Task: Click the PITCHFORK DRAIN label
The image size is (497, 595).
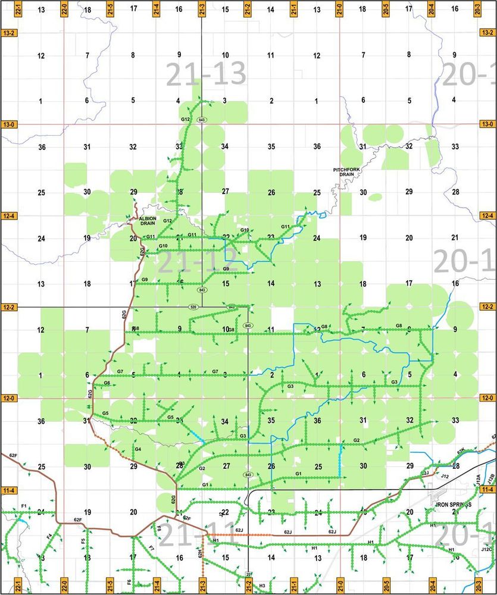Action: (346, 173)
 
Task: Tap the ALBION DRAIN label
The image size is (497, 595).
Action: (147, 221)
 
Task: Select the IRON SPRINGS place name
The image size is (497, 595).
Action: (453, 505)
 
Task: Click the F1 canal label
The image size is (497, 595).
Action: (24, 506)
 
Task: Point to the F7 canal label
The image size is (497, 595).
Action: (152, 547)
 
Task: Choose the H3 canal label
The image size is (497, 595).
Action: (262, 586)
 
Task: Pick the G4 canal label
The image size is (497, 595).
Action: (137, 449)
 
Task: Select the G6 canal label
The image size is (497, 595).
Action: (107, 383)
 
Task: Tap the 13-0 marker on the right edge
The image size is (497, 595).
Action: (487, 124)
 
